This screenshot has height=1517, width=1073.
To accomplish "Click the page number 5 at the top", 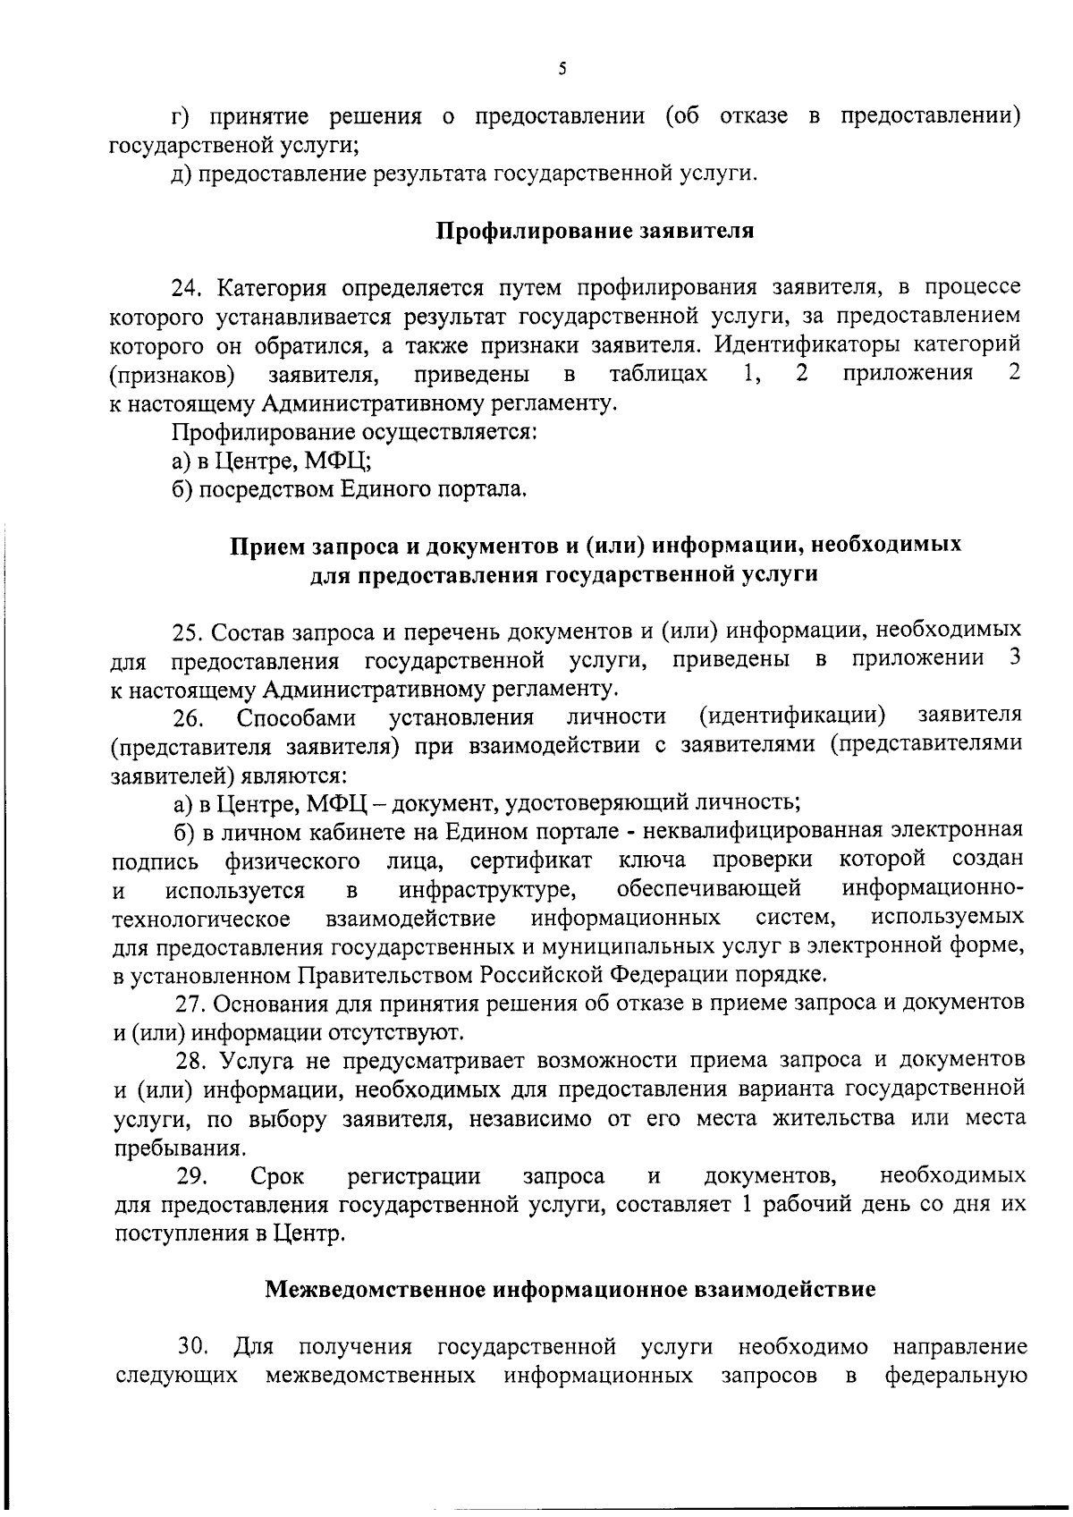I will click(562, 69).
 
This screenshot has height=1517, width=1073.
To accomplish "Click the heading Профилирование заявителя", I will click(595, 231).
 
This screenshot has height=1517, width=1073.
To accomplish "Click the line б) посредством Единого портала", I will click(350, 489).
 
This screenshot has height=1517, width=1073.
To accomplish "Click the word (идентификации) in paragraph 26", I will click(792, 716).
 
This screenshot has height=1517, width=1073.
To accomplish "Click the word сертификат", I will click(530, 860).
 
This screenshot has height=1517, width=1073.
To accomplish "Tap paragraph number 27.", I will click(190, 1004).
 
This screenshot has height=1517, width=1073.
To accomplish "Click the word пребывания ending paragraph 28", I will click(166, 1148).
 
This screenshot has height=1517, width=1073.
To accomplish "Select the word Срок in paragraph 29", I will click(277, 1175).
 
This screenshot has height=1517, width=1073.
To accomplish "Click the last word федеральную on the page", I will click(954, 1376).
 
